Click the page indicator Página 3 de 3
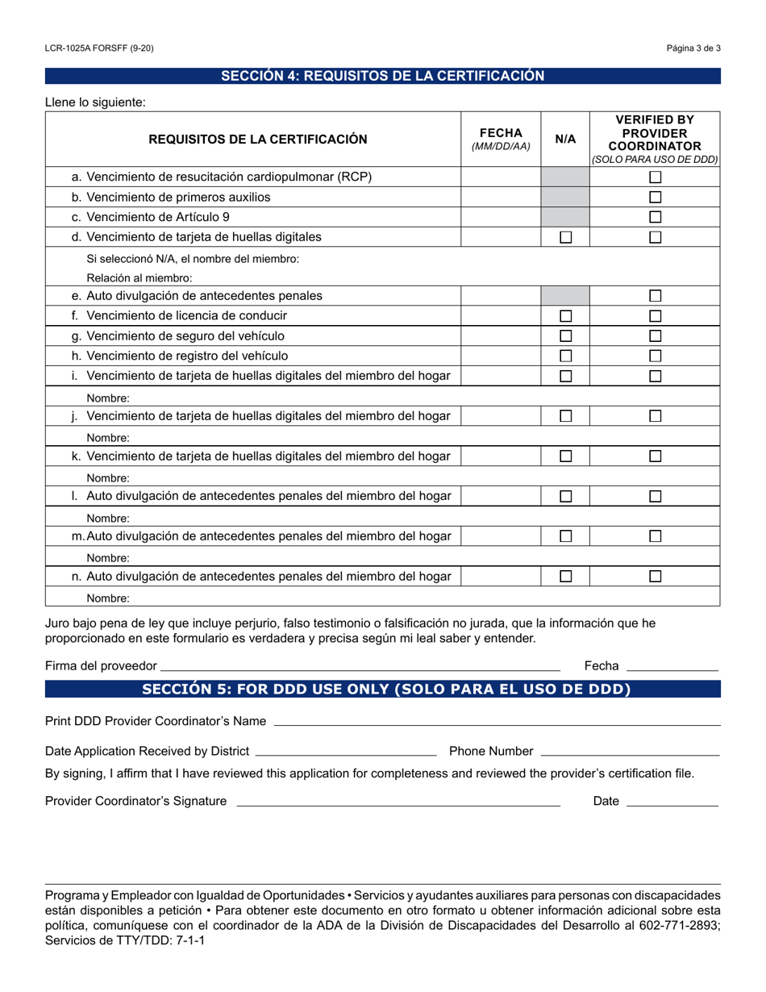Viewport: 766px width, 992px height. click(693, 48)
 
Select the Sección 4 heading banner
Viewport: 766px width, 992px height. click(383, 76)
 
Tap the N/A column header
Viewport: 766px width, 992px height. click(565, 139)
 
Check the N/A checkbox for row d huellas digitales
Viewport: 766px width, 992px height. click(566, 237)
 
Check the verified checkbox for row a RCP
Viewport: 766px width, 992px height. click(656, 177)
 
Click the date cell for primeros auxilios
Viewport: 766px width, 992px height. click(501, 198)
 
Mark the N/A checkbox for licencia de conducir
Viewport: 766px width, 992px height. click(566, 316)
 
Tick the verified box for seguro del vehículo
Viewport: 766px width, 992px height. click(656, 336)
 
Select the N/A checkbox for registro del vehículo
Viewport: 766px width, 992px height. click(566, 356)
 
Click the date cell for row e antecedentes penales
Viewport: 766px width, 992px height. click(501, 296)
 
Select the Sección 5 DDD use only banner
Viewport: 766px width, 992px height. click(383, 689)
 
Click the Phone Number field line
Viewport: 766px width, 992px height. click(629, 752)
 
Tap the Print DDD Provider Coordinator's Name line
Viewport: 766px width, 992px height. click(497, 722)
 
